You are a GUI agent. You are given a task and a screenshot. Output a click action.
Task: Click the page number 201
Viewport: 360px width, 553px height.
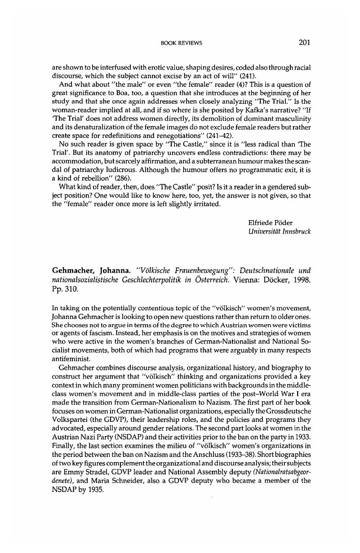[x=304, y=43]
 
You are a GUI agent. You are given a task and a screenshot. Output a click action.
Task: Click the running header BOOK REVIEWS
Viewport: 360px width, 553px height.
[x=181, y=43]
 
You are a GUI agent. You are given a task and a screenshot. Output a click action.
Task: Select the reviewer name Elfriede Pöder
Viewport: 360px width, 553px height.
[x=270, y=223]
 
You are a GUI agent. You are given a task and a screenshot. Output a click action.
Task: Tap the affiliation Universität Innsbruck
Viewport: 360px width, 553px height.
[x=279, y=231]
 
